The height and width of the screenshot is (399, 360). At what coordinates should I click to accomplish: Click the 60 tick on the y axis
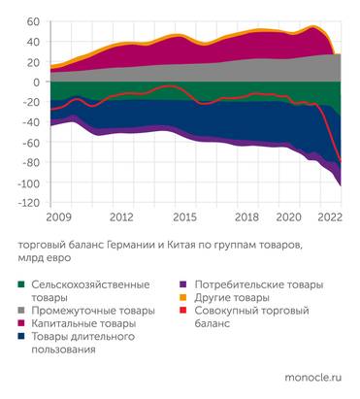(32, 21)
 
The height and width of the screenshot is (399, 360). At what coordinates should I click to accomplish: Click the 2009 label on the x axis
(60, 216)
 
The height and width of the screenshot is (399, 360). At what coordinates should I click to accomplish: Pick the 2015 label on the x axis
(184, 216)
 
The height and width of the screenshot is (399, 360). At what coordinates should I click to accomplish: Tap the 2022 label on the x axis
(330, 216)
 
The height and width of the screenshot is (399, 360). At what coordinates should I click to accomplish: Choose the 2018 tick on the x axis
(247, 216)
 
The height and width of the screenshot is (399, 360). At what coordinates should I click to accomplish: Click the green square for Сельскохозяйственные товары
(21, 285)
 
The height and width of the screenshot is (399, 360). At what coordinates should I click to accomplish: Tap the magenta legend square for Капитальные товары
(21, 323)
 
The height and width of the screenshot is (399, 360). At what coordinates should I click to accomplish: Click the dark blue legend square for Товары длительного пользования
(21, 337)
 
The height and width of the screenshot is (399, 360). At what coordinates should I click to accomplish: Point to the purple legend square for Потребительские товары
(183, 285)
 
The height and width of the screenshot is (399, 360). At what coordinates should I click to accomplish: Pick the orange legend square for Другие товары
(183, 298)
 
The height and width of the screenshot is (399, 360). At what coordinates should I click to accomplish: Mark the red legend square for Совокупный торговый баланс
(183, 311)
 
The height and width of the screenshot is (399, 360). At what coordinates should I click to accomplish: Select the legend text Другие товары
(230, 298)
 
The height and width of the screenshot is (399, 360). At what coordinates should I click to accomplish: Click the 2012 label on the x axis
(121, 216)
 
